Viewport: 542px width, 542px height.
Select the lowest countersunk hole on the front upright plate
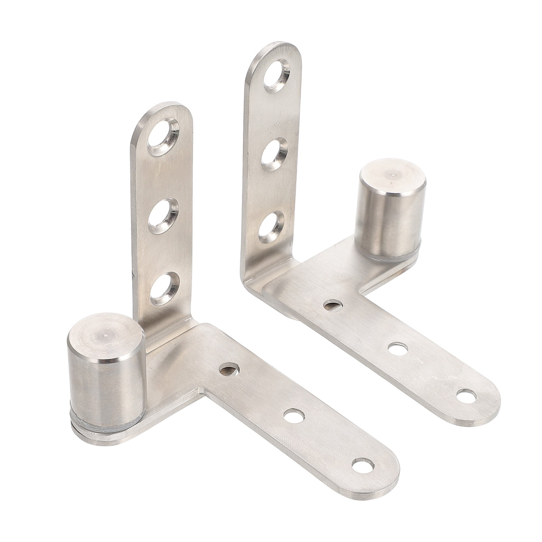tap(164, 289)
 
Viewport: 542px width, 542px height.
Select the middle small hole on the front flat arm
tap(293, 415)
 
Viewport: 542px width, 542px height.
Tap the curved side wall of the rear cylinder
tap(390, 224)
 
